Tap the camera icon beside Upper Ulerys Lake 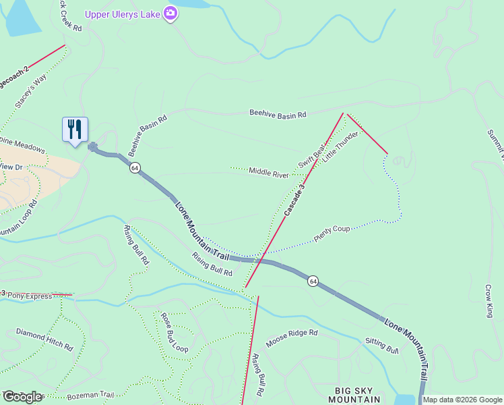(170, 13)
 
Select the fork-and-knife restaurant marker (74, 129)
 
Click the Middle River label (268, 172)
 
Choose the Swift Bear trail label (312, 156)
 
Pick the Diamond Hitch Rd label (44, 339)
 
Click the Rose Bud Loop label (174, 332)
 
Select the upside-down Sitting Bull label (382, 345)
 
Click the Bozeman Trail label (90, 394)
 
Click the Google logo (22, 397)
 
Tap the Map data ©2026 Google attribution (462, 400)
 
